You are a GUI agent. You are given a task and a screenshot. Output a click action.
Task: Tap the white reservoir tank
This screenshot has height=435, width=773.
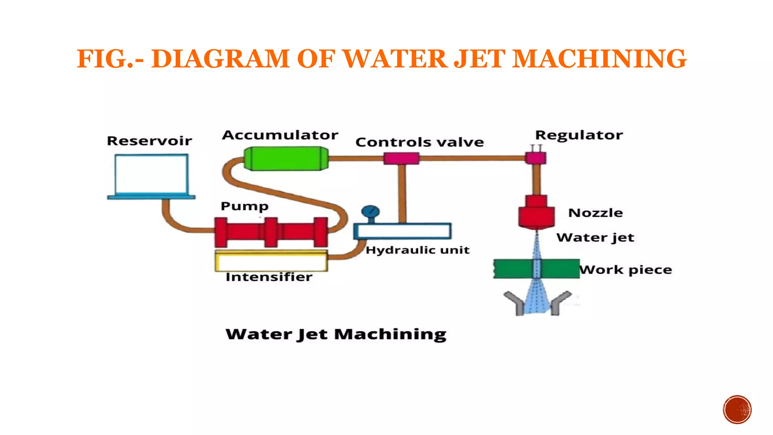151,174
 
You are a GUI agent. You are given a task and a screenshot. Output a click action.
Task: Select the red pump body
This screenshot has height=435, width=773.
271,232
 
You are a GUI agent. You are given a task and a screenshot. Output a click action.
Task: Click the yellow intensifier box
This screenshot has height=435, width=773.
271,261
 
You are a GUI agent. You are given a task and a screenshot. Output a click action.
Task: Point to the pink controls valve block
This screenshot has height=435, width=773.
401,158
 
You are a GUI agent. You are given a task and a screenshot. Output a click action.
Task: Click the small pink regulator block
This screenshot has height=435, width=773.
536,158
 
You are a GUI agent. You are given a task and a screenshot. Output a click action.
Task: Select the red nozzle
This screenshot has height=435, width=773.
536,214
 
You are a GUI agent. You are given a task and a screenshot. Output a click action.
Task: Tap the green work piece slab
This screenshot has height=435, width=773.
513,269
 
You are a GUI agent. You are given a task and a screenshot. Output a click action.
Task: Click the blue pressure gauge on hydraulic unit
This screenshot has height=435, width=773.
370,211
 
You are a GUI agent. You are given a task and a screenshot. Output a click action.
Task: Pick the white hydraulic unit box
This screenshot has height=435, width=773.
402,231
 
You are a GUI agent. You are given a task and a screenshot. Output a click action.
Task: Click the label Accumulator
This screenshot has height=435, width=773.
280,135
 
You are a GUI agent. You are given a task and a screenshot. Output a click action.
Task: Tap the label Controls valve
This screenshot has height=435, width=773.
419,142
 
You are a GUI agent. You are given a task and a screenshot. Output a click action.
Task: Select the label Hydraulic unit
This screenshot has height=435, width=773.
417,250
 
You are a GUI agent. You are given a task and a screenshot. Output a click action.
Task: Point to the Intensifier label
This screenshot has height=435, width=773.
269,277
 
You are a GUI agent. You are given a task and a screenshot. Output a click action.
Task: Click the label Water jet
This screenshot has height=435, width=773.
595,238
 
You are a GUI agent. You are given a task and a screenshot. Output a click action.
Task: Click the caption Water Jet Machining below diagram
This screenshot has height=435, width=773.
336,335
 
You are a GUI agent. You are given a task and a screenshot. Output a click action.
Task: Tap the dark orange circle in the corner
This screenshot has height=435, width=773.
737,410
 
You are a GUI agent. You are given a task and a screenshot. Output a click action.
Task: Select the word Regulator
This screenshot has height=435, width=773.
579,135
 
